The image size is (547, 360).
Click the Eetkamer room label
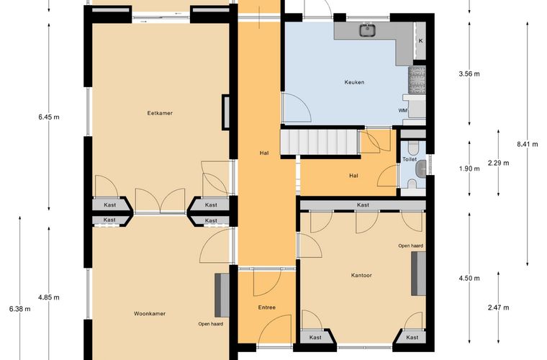[160, 113]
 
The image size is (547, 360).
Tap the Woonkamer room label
[150, 314]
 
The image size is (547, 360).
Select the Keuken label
[354, 82]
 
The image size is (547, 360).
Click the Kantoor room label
[361, 275]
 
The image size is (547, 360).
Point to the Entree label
[267, 307]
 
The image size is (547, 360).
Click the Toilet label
[410, 159]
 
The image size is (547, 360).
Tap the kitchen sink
[367, 30]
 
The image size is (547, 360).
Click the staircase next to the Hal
[320, 142]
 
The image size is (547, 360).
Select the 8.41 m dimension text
[528, 144]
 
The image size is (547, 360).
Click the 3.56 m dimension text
[469, 73]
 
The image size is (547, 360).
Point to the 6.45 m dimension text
[49, 117]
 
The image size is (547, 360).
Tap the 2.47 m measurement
[498, 307]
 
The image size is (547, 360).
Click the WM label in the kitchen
[403, 111]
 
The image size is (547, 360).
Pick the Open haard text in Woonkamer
[211, 324]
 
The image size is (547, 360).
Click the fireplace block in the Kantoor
[418, 274]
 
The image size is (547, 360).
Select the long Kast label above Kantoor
[363, 205]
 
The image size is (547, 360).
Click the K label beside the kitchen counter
[421, 41]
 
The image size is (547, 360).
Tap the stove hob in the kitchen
[417, 80]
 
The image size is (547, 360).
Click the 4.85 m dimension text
[49, 297]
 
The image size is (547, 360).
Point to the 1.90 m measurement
[469, 168]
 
